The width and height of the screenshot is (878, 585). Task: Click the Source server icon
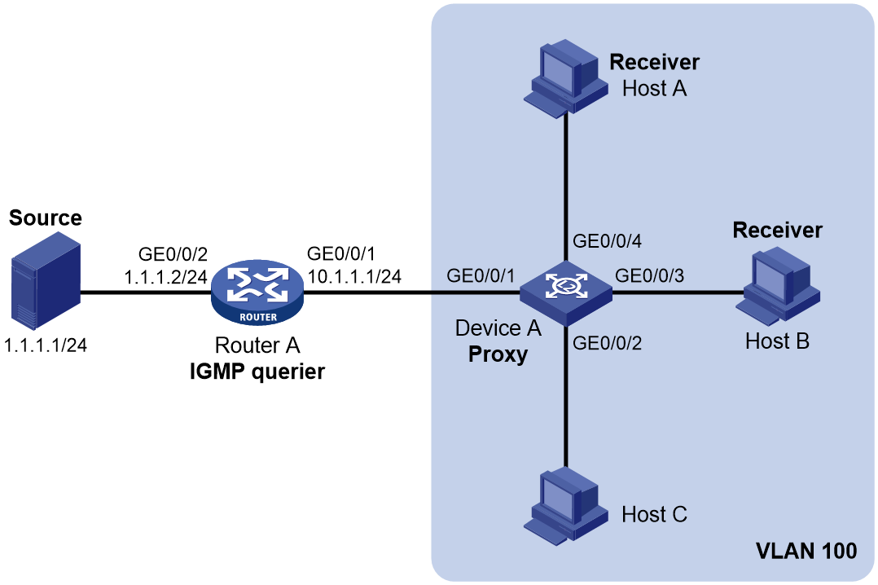pos(46,284)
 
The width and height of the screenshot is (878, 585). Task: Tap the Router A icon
pos(257,292)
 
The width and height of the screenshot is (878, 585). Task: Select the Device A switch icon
pos(565,292)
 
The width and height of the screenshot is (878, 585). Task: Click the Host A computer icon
pos(565,78)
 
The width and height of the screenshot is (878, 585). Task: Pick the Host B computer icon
pos(778,287)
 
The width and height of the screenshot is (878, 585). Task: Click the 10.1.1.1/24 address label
pos(354,276)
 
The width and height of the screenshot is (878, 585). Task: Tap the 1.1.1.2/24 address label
pos(166,277)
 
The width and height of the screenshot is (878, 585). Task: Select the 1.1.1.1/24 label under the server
pos(46,345)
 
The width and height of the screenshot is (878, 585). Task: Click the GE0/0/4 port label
pos(607,241)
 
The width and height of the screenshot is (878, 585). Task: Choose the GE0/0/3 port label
pos(650,275)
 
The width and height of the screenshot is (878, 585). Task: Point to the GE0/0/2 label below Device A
pos(607,343)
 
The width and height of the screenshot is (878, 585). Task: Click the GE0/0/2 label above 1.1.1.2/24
pos(173,254)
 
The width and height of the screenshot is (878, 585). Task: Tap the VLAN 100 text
pos(806,551)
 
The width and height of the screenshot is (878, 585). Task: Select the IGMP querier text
pos(257,372)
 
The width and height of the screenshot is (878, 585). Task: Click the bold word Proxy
pos(498,354)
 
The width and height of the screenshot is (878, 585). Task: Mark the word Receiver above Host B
pos(777,230)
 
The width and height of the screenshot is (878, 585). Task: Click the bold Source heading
pos(46,218)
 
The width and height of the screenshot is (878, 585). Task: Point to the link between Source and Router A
pos(146,292)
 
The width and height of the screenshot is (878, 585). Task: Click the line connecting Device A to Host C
pos(565,396)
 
